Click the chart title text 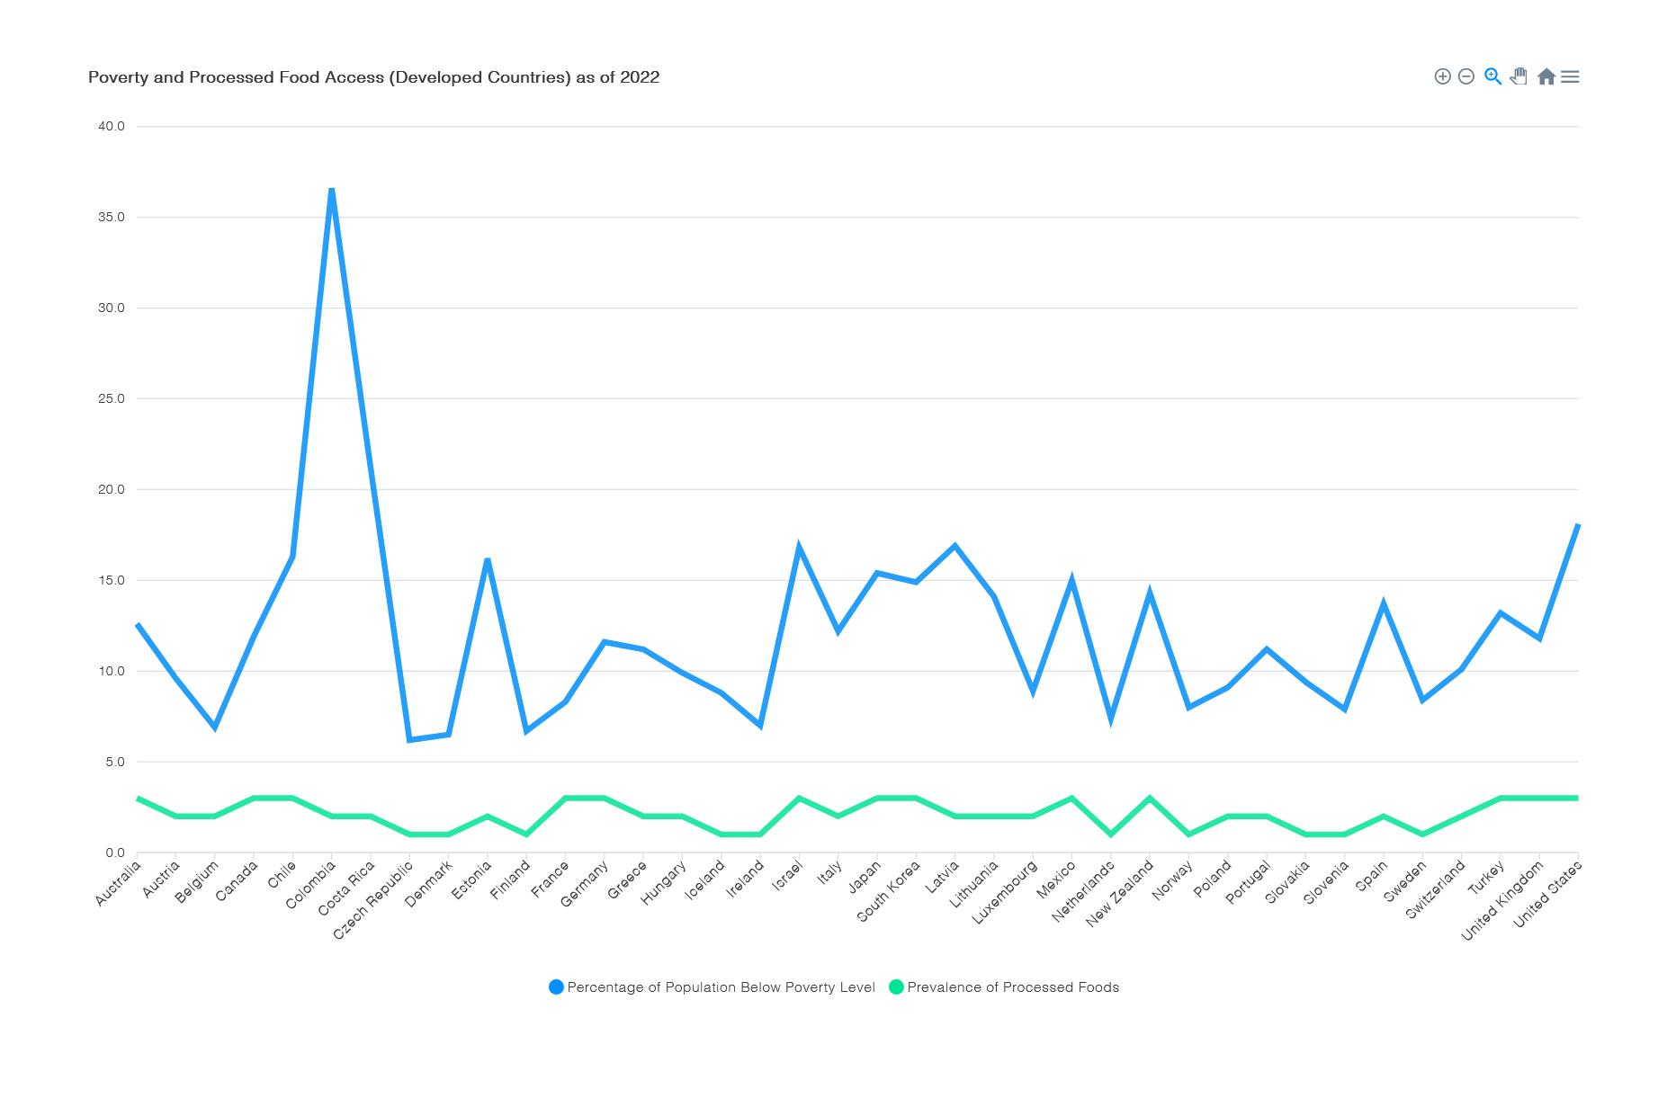pos(373,77)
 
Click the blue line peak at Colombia pos(332,190)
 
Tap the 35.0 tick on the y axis pos(112,218)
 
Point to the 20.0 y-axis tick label pos(112,490)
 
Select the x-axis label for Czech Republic pos(373,900)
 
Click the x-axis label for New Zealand pos(1120,894)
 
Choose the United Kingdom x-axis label pos(1502,900)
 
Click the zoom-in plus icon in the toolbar pos(1442,76)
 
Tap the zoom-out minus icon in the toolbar pos(1466,76)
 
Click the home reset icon pos(1546,76)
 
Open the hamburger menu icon pos(1570,76)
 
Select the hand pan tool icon pos(1519,76)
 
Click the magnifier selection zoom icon pos(1492,76)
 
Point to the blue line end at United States pos(1577,525)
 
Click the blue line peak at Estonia pos(488,560)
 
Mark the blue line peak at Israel pos(799,547)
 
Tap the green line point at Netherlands pos(1111,835)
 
